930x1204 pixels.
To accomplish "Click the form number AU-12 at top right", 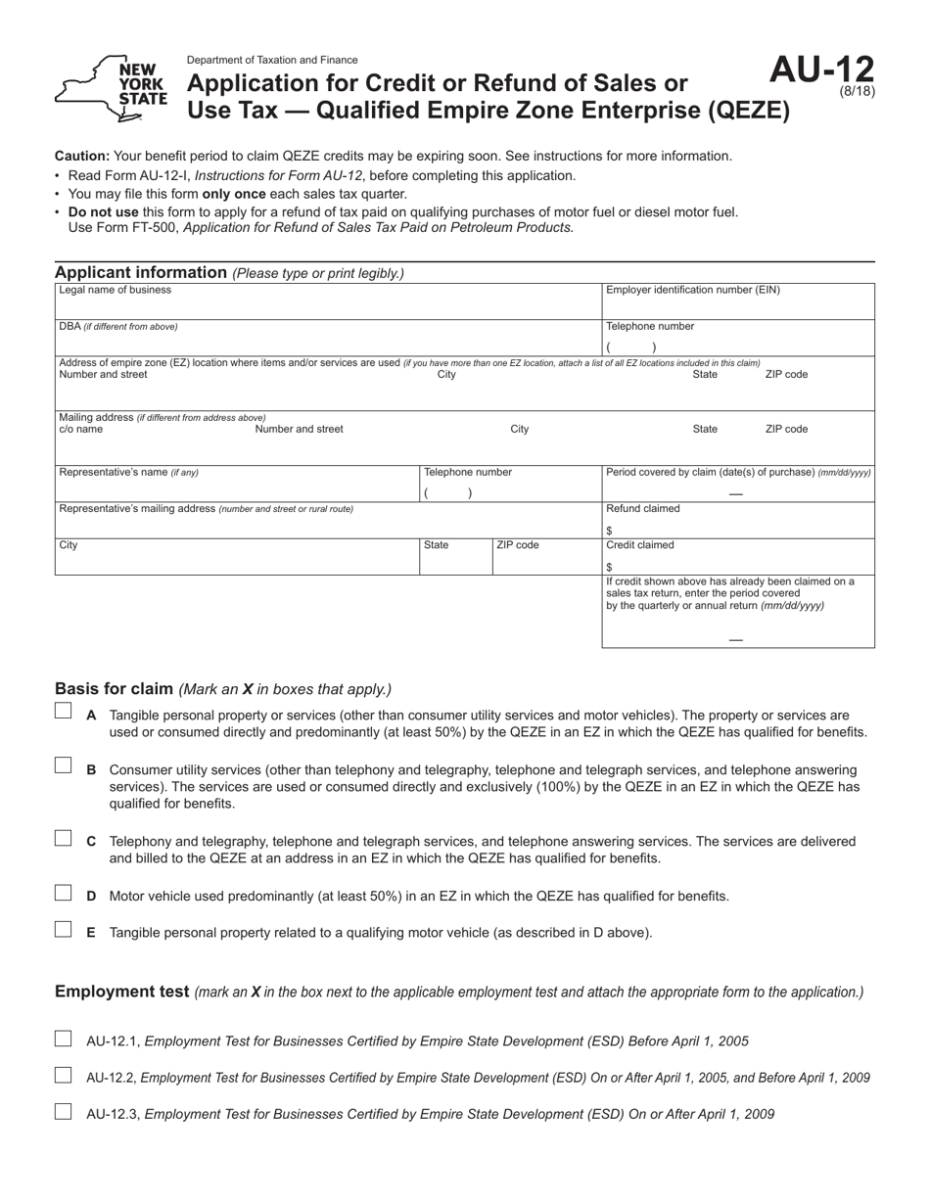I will coord(821,70).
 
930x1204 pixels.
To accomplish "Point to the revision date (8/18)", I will coord(858,92).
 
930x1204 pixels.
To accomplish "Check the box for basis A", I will coord(64,712).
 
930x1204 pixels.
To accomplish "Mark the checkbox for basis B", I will coord(64,765).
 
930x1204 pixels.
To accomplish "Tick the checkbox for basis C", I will coord(64,838).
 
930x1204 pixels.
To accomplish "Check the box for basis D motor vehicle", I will coord(64,893).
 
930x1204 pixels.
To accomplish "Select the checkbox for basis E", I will coord(64,929).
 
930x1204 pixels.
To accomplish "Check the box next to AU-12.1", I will coord(64,1039).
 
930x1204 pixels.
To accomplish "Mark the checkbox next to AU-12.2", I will coord(64,1075).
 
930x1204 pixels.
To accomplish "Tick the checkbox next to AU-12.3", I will coord(64,1111).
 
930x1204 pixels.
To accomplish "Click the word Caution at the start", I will coord(82,156).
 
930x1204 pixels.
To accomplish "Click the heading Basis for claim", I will coord(115,688).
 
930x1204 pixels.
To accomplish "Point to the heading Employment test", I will coord(121,992).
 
